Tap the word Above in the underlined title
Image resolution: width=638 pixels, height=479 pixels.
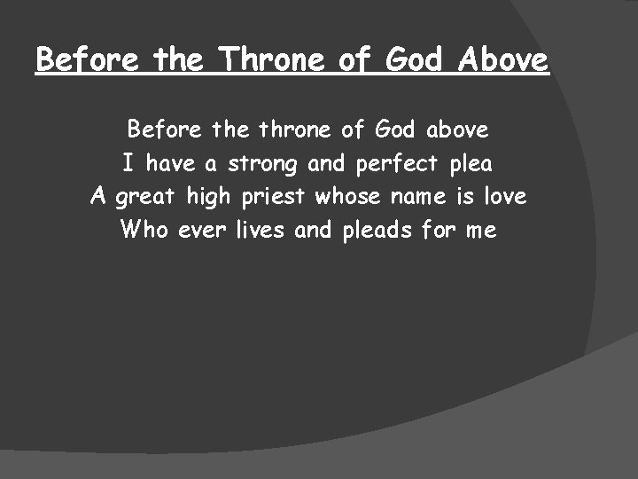coord(504,60)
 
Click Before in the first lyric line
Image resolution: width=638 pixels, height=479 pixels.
coord(166,130)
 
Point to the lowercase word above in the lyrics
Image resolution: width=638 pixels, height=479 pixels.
coord(457,130)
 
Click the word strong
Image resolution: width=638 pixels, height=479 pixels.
coord(263,164)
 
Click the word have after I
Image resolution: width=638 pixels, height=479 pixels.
coord(170,164)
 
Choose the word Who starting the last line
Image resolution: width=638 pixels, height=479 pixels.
coord(144,231)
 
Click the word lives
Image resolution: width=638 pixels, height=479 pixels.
coord(260,231)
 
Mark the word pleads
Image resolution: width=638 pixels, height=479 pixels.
coord(377,231)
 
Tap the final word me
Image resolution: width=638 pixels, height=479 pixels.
coord(479,231)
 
